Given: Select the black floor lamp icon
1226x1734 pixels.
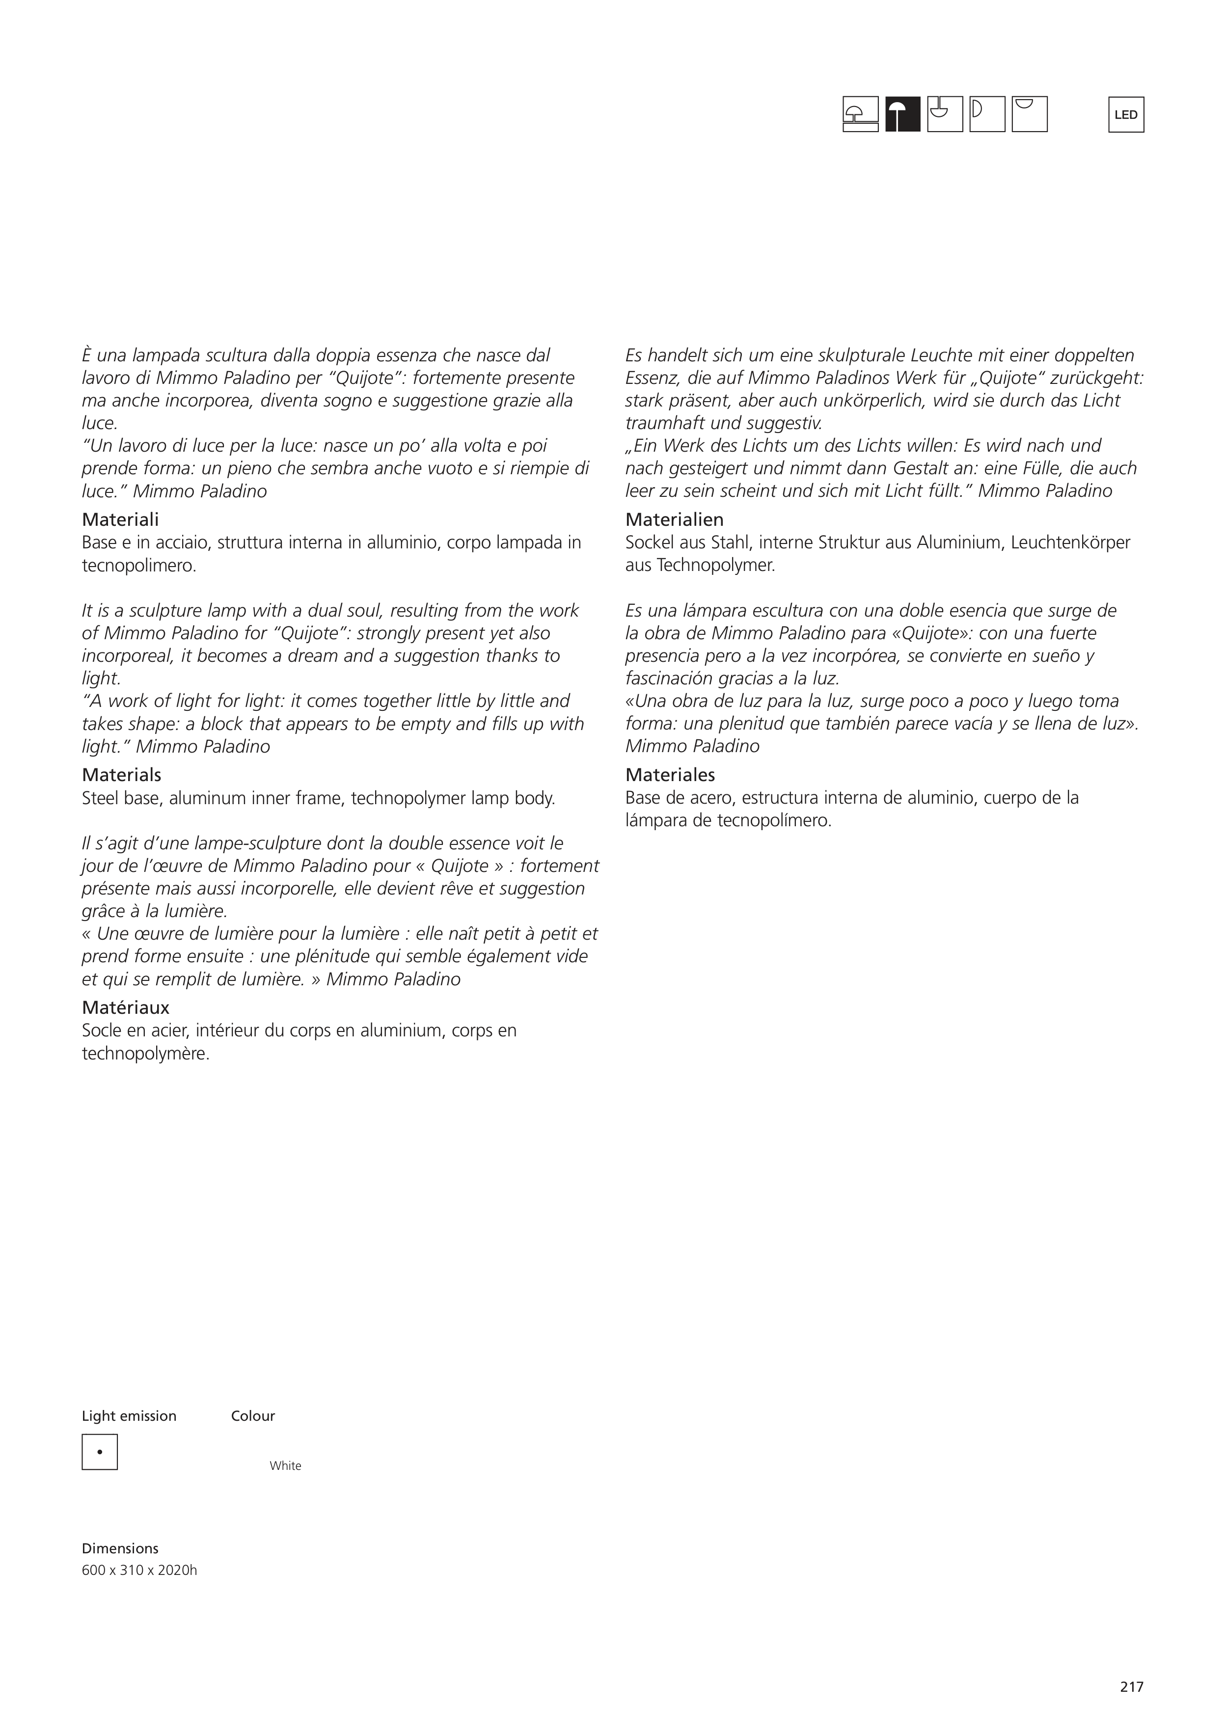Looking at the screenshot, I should coord(903,115).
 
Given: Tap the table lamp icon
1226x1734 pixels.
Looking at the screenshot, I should coord(860,115).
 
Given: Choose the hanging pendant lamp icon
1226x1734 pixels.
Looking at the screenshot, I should coord(945,115).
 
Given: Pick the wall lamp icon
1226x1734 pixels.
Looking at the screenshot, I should coord(987,115).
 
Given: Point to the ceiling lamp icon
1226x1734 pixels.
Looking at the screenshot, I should coord(1030,115).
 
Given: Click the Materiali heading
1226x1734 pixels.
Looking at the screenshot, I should coord(120,519).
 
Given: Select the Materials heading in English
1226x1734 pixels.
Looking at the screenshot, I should coord(122,775).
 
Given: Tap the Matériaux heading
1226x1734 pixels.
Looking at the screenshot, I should coord(125,1007).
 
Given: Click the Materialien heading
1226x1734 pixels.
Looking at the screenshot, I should coord(674,519).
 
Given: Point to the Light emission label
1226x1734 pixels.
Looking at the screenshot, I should coord(129,1416).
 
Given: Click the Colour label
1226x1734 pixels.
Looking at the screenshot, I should coord(253,1416).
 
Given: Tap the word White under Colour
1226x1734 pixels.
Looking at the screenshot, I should coord(286,1466).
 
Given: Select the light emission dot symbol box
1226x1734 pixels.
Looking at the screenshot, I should coord(100,1452).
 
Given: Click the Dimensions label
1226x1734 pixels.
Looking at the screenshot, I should coord(120,1548).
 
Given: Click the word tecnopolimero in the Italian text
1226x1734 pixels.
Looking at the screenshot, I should coord(138,566).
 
